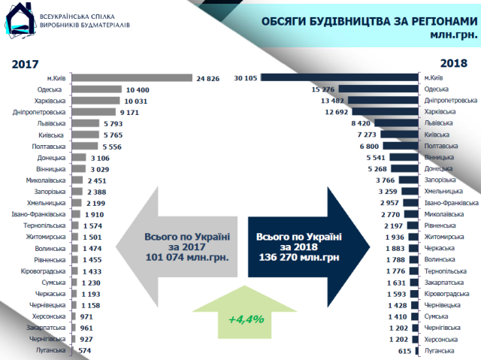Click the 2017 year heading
(x=25, y=65)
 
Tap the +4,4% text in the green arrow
(x=246, y=319)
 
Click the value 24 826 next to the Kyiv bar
(x=207, y=77)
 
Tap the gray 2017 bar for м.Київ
(x=132, y=77)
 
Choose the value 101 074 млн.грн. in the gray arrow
(x=186, y=258)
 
